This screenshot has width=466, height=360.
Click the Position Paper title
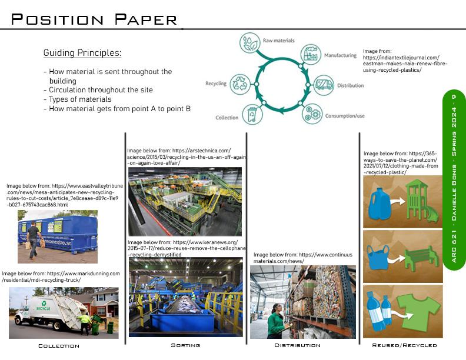(x=94, y=19)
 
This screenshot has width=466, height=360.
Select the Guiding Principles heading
(x=82, y=53)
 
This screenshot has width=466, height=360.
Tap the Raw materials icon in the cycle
(x=249, y=43)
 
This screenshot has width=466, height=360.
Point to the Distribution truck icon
(x=324, y=85)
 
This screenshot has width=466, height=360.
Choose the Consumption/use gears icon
(x=312, y=113)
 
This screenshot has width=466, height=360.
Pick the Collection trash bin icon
(x=252, y=115)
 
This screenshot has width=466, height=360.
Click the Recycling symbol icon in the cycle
(x=240, y=84)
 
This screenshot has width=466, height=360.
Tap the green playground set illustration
(x=421, y=201)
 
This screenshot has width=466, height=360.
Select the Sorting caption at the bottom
(x=185, y=345)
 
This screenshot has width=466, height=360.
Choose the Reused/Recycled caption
(x=404, y=345)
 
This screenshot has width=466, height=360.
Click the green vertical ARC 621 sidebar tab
(x=454, y=179)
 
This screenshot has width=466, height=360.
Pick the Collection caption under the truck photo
(x=59, y=346)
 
